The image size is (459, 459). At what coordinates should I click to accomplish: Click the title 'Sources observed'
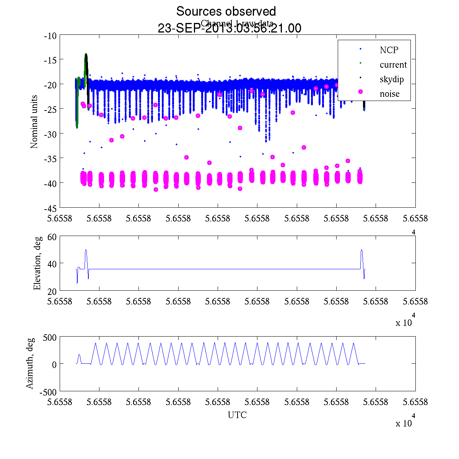[226, 11]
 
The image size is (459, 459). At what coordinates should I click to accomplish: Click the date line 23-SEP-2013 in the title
[229, 28]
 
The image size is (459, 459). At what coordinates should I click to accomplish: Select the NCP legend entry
[389, 50]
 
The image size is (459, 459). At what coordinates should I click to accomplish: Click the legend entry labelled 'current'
[393, 65]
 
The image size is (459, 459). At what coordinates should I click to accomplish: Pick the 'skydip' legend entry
[392, 79]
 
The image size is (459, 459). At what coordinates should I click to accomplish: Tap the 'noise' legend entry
[389, 94]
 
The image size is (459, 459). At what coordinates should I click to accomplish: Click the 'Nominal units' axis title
[34, 122]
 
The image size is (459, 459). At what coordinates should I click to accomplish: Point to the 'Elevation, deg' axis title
[37, 263]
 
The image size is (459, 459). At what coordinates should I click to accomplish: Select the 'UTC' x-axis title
[237, 415]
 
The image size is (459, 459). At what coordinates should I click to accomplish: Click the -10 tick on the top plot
[50, 36]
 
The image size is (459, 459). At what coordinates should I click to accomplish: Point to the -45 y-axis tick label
[50, 208]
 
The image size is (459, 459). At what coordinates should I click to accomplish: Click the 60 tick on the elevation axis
[52, 237]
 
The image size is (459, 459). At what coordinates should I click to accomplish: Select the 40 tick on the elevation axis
[52, 264]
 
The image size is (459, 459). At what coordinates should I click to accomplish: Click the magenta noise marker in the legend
[360, 92]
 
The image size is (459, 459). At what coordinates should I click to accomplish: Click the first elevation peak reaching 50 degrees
[86, 250]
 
